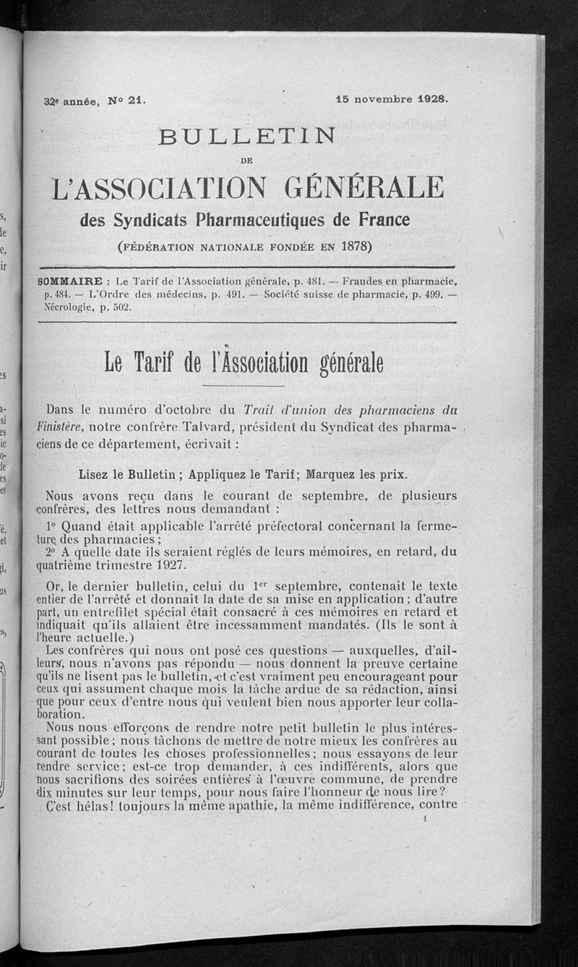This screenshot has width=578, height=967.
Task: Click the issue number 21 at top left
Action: tap(137, 103)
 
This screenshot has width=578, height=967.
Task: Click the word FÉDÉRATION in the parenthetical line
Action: tap(162, 246)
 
